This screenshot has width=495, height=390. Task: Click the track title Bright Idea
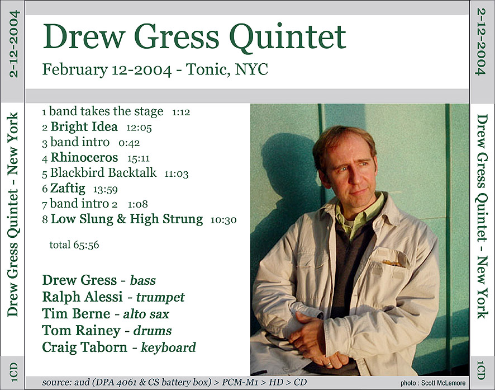click(x=84, y=126)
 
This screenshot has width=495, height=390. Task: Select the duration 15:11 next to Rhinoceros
click(x=138, y=158)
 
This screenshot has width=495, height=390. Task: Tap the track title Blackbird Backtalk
click(x=103, y=172)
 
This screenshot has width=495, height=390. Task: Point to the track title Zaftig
click(x=68, y=189)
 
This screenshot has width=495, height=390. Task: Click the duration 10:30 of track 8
click(x=223, y=220)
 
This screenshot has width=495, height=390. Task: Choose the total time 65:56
click(x=86, y=245)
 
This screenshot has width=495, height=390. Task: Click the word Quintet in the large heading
click(x=288, y=37)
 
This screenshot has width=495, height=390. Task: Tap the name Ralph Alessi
click(x=82, y=297)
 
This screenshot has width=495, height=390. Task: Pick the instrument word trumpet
click(x=160, y=298)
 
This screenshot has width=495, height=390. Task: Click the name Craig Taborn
click(x=84, y=347)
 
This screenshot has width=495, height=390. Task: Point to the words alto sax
click(x=146, y=314)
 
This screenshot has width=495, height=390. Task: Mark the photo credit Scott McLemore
click(x=443, y=383)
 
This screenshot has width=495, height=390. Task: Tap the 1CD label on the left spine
click(x=13, y=372)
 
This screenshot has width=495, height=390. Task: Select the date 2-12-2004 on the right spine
click(x=481, y=42)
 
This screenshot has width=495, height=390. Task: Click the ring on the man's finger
click(x=329, y=364)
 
